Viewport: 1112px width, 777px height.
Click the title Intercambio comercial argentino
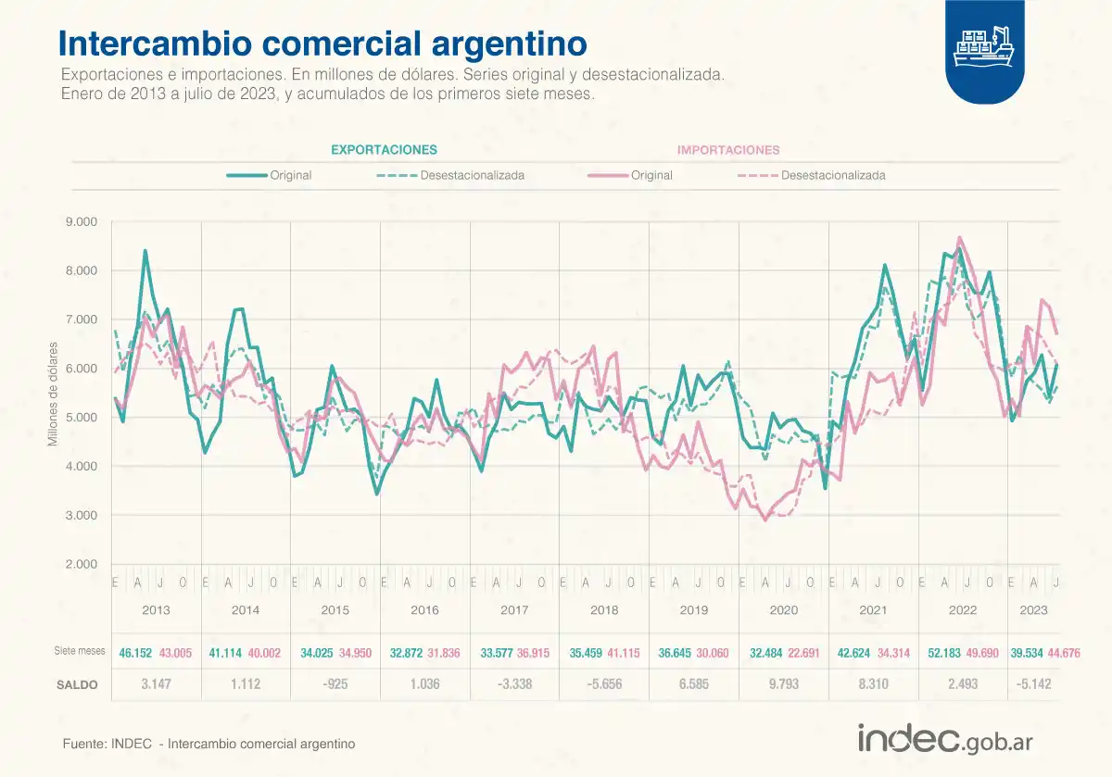322,44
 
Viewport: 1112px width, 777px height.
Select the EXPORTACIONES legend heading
384,149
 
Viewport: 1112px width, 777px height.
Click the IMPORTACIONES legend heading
728,149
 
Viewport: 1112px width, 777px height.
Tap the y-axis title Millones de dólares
54,394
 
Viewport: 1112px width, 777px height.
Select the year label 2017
513,610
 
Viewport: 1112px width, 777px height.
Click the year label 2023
1033,610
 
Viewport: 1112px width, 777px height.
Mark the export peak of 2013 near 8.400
145,251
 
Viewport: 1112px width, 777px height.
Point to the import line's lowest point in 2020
765,520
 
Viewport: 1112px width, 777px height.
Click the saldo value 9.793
783,684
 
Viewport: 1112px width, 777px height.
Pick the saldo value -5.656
603,684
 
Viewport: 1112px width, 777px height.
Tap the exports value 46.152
136,653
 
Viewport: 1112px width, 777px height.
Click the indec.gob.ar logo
944,740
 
